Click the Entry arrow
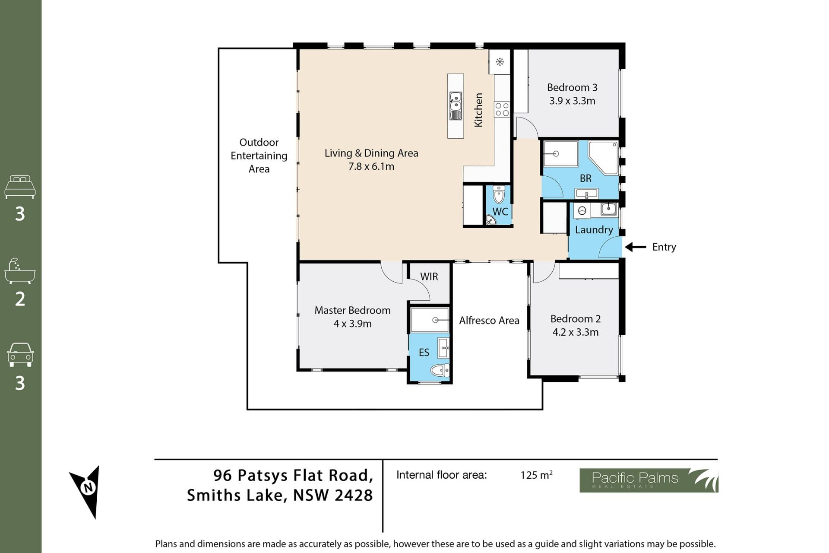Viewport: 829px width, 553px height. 636,247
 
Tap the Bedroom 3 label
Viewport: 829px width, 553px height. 572,88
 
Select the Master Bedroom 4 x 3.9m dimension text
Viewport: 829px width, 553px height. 352,324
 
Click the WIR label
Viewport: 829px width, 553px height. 429,276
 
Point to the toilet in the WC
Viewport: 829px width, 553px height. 499,194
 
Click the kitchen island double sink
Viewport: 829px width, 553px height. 456,105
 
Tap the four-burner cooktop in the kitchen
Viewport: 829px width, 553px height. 502,109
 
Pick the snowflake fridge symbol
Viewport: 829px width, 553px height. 500,62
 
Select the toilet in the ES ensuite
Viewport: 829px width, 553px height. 440,370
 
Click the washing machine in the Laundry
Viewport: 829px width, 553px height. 582,211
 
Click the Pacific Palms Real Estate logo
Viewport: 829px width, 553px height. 649,480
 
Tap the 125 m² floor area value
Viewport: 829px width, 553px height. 536,475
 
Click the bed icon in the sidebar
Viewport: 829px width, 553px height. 20,187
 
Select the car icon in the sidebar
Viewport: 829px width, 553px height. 20,355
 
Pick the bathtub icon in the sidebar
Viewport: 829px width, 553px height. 20,271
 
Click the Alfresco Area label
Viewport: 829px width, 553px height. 489,321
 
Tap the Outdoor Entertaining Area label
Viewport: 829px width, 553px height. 259,156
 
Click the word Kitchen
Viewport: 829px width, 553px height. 478,110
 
